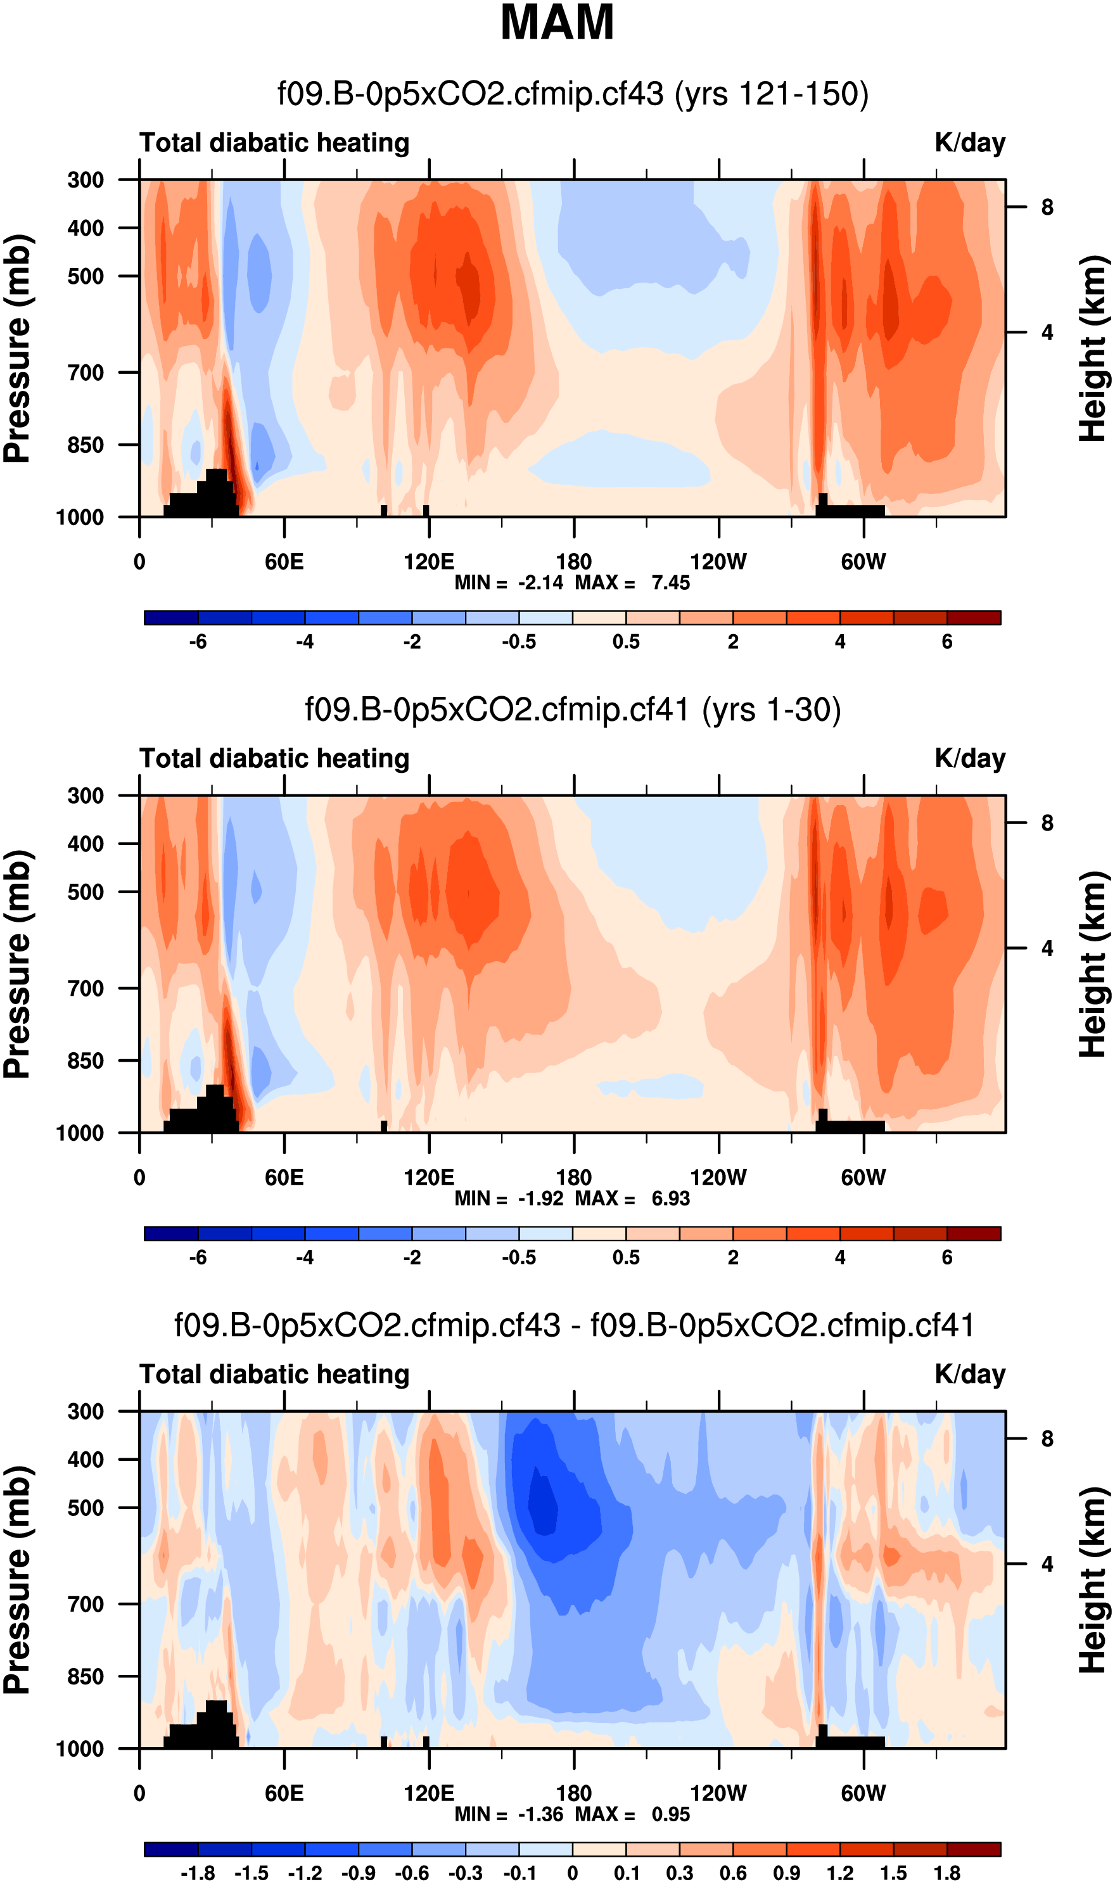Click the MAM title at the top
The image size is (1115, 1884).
[557, 23]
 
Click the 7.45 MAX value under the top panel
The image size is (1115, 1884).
[670, 583]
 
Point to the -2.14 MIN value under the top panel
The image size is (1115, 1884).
[540, 583]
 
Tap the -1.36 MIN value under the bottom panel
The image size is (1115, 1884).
[540, 1814]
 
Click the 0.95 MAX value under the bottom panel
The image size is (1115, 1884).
[670, 1814]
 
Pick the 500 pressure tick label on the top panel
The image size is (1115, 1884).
[86, 276]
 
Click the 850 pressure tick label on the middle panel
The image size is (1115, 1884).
[86, 1060]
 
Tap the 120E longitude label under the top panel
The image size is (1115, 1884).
[429, 562]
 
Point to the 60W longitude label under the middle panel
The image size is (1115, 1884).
[863, 1177]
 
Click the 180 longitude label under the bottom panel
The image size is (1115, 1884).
[574, 1793]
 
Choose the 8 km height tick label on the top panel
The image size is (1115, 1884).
[1047, 207]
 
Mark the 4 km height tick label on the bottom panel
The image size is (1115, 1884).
[1047, 1564]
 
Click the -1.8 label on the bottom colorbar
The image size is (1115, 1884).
[198, 1873]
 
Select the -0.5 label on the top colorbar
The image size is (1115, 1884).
[519, 642]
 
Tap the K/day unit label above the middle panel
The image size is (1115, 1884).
[970, 759]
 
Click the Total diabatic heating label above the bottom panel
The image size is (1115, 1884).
[274, 1374]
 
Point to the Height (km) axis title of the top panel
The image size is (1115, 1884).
[1094, 348]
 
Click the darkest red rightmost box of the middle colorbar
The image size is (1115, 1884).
[974, 1233]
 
